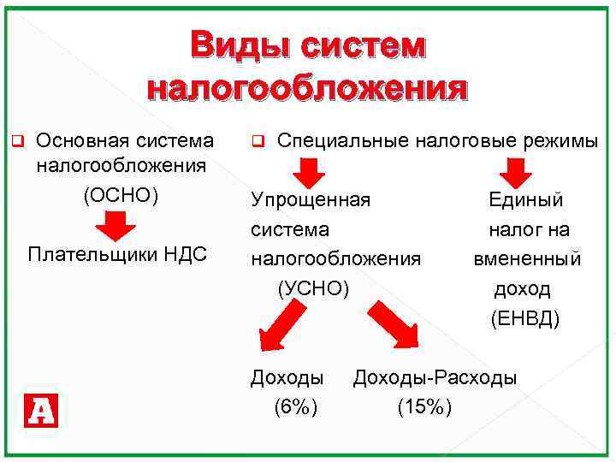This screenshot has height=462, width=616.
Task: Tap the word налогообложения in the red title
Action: tap(308, 88)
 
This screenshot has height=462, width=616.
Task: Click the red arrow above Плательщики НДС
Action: tap(115, 227)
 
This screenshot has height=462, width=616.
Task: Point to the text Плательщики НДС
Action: tap(117, 255)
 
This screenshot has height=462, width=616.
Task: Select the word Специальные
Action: tap(343, 140)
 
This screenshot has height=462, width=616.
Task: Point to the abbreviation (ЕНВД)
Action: tap(525, 320)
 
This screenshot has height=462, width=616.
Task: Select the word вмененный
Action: tap(528, 259)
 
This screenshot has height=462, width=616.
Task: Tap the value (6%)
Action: tap(295, 407)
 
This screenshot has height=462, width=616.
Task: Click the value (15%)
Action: tap(424, 407)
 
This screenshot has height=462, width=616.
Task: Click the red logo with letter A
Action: tap(41, 412)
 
